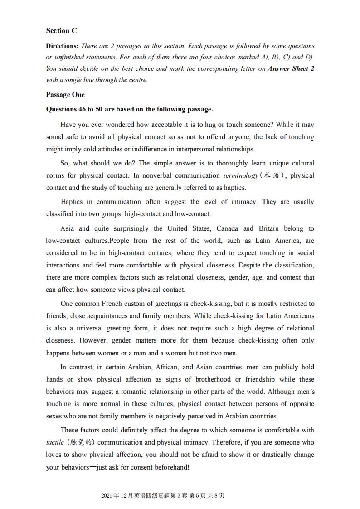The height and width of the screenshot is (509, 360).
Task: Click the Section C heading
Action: point(61,31)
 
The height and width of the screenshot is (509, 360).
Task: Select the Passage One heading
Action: point(65,95)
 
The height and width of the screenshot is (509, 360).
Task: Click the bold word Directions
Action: point(62,46)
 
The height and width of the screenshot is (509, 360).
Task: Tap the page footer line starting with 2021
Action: point(163,496)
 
